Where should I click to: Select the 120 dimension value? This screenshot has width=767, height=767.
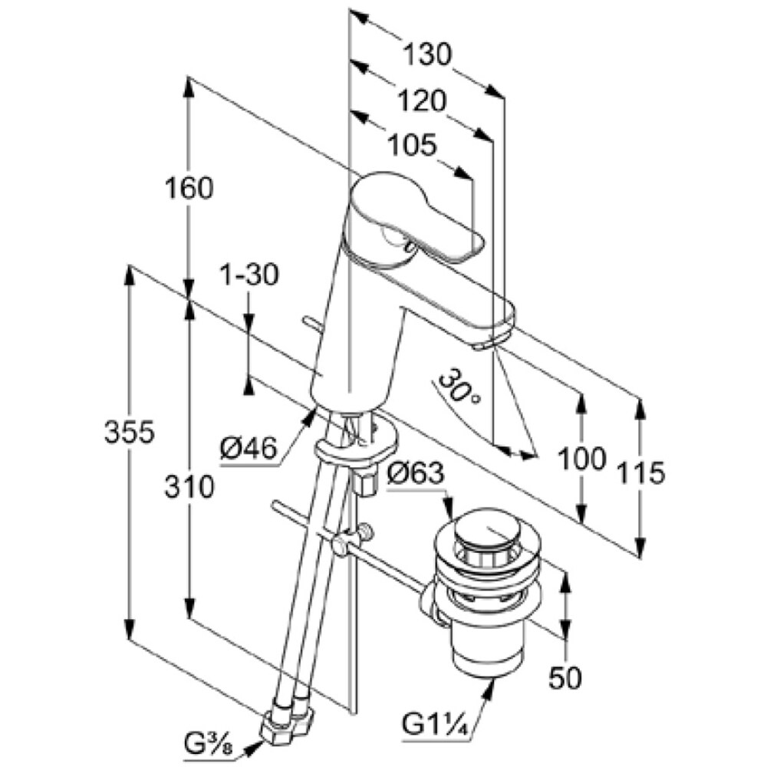[x=421, y=100]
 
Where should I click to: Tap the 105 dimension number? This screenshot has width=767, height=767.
[x=412, y=144]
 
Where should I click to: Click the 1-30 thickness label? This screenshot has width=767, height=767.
[x=248, y=274]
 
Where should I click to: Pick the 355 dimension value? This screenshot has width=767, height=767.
[x=130, y=433]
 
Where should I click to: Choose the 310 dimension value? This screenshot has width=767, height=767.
[x=189, y=486]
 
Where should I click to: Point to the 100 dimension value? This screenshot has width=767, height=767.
[x=581, y=458]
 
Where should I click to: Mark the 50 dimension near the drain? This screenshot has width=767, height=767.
[x=565, y=676]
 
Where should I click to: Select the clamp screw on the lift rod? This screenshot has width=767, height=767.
[x=364, y=532]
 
